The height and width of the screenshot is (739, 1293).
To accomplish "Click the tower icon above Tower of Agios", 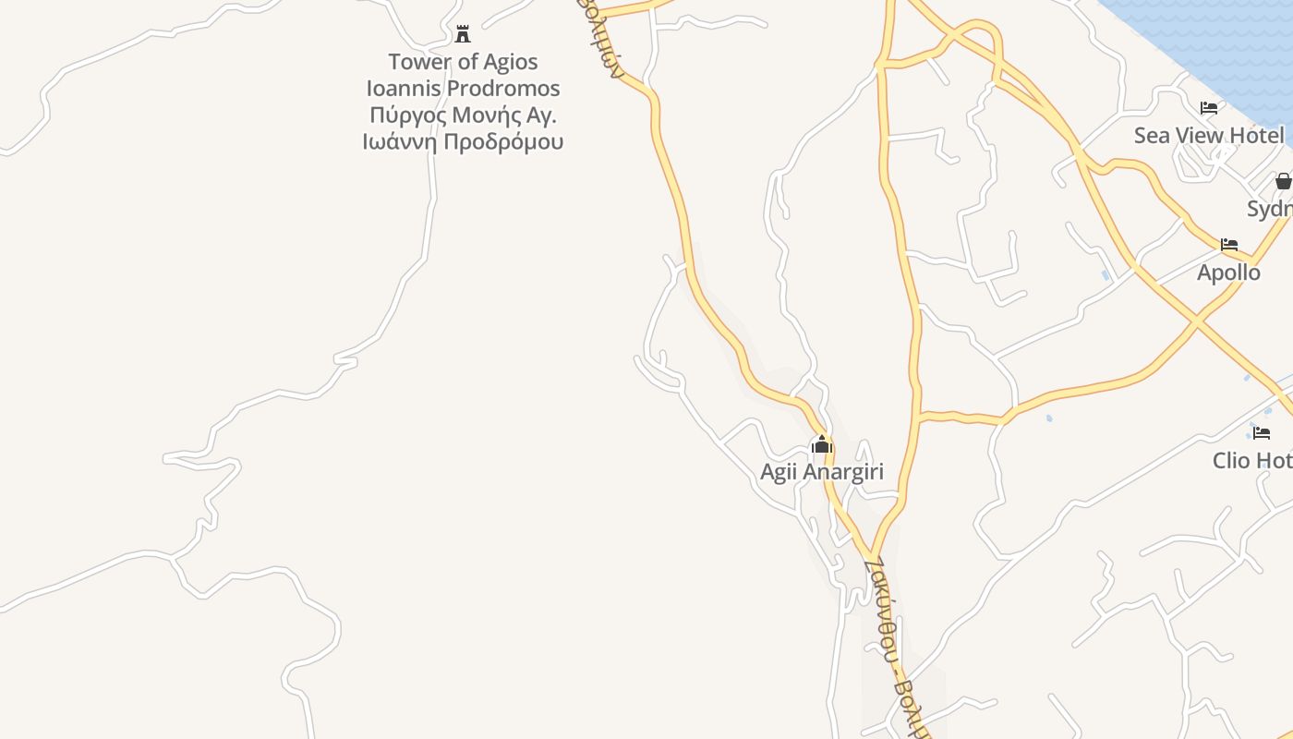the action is (463, 35).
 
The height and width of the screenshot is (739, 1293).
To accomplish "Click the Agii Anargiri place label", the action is (821, 472).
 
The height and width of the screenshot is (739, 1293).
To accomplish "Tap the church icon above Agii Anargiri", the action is (821, 445).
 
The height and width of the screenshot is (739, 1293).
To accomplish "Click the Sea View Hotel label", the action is (1208, 136).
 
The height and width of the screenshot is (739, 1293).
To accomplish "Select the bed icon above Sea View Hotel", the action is (1208, 108).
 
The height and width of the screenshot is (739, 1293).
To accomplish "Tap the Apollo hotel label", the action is (1228, 273).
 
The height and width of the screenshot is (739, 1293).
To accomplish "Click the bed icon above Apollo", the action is (1228, 245).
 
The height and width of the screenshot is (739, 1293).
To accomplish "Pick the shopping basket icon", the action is (1283, 181).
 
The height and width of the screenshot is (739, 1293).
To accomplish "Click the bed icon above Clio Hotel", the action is (1262, 432).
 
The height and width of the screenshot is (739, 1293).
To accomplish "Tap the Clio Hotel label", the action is (1252, 460).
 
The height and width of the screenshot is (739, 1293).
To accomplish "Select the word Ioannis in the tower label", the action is (404, 89).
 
